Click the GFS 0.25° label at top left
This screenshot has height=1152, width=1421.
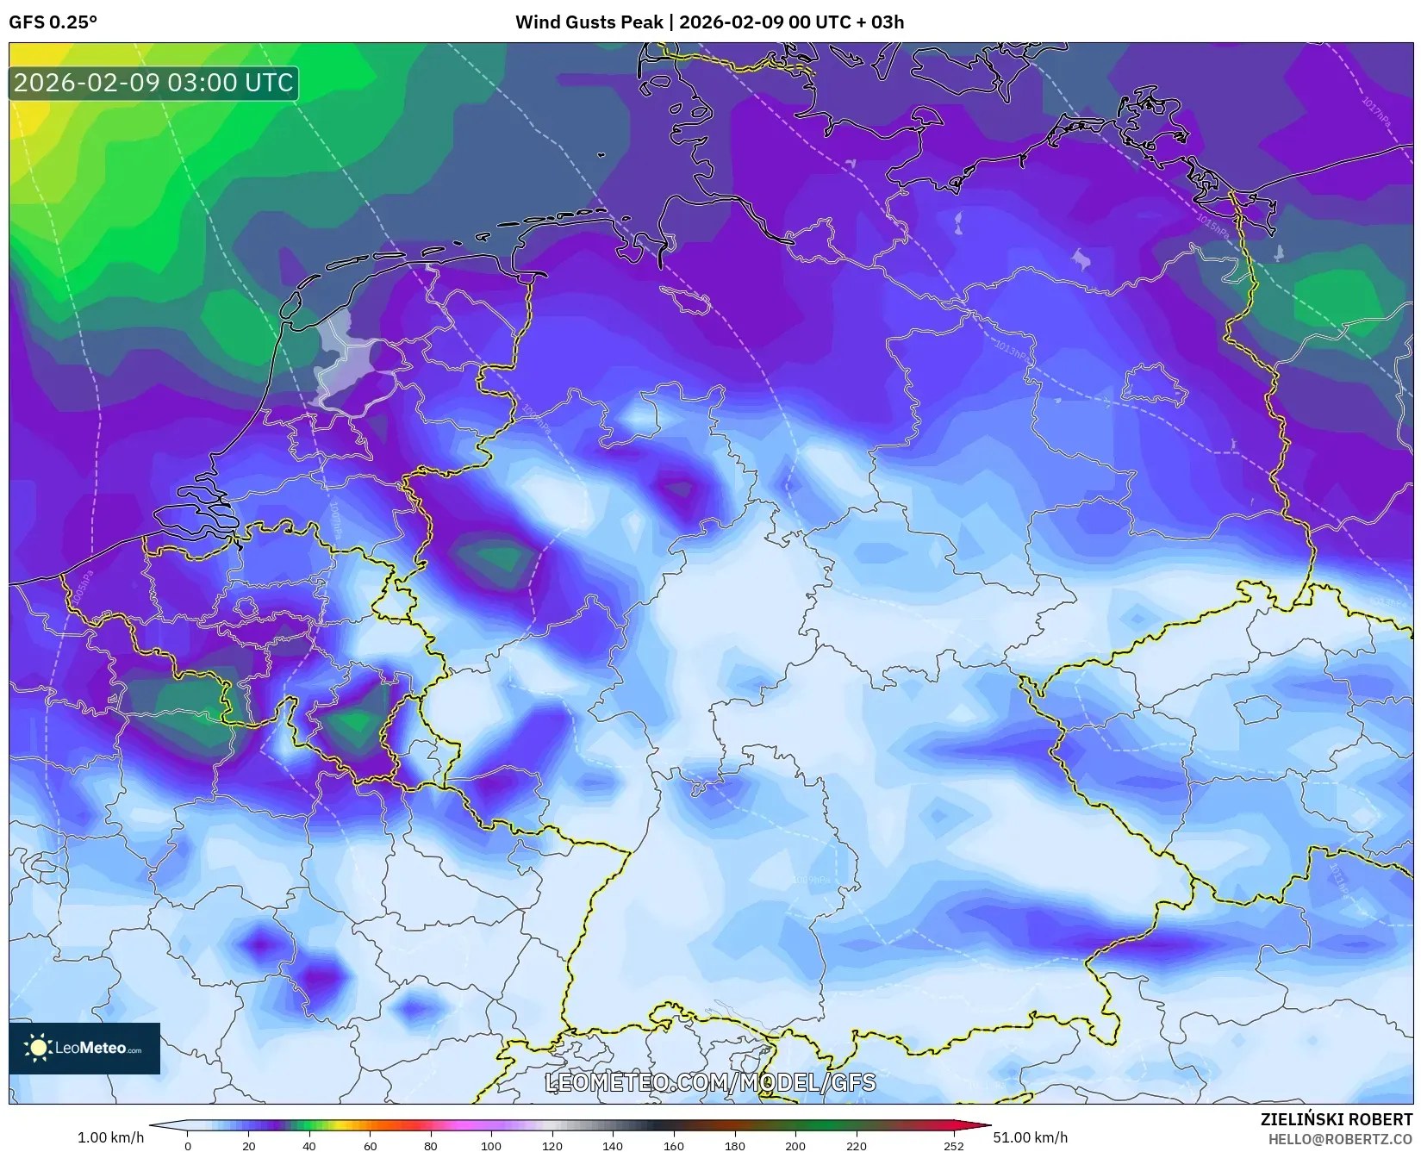coord(53,22)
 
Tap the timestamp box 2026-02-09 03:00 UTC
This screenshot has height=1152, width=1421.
coord(153,83)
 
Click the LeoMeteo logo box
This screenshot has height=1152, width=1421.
coord(84,1048)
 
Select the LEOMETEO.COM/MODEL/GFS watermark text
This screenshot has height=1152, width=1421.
coord(711,1082)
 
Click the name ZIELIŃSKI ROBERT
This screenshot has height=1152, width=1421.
coord(1336,1119)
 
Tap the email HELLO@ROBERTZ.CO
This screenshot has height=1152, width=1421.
coord(1340,1139)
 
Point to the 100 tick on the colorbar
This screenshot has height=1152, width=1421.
coord(491,1146)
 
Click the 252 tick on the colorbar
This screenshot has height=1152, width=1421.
coord(953,1146)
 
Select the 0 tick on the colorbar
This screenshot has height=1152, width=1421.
coord(188,1146)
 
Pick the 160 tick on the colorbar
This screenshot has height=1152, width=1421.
coord(674,1146)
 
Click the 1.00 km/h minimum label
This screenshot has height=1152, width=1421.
coord(110,1137)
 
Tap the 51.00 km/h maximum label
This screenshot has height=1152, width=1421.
coord(1031,1137)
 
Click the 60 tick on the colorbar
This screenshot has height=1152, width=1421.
coord(370,1146)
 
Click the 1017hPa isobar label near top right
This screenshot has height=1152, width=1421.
coord(1376,113)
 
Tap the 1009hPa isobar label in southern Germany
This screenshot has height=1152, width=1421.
coord(811,879)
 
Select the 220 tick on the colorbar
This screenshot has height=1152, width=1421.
coord(856,1146)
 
